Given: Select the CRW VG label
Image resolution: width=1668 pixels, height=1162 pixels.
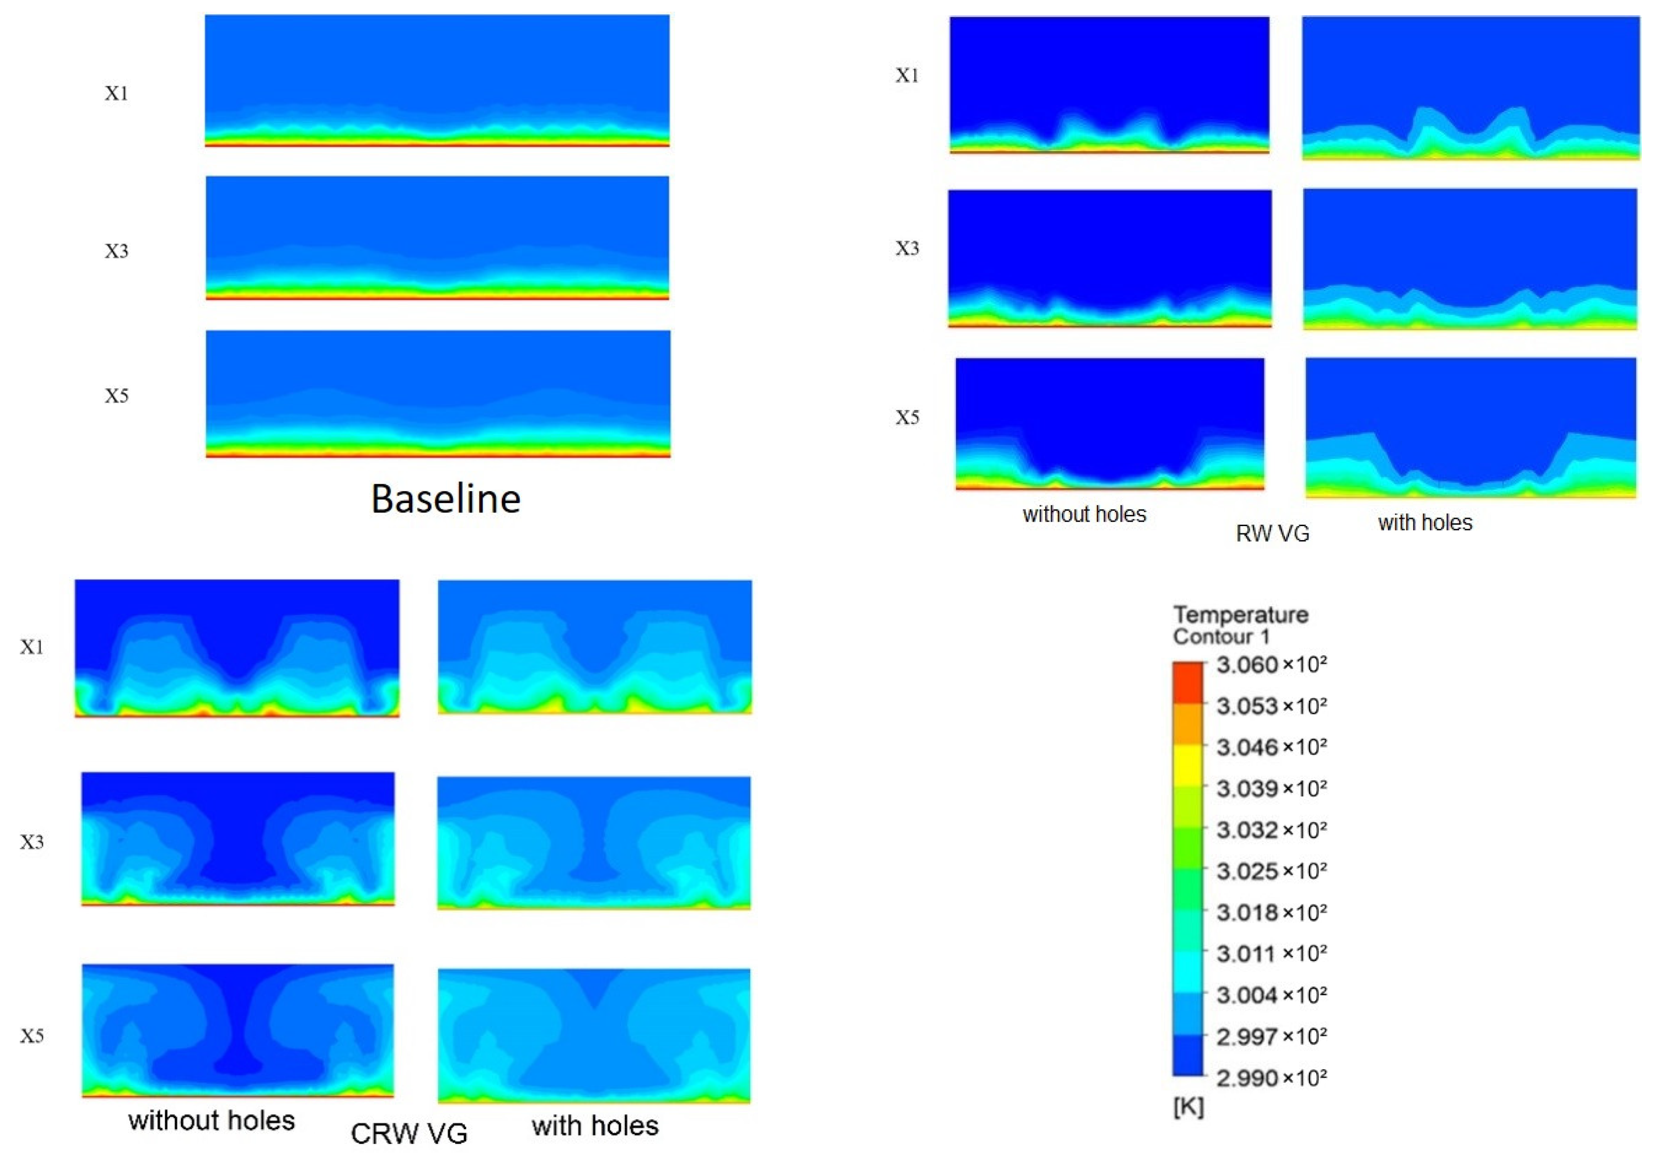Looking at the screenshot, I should (x=409, y=1133).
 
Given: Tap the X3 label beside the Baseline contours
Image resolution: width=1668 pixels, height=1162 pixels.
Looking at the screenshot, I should (x=116, y=251).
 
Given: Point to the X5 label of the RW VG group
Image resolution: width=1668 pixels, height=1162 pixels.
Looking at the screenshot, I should (x=906, y=418).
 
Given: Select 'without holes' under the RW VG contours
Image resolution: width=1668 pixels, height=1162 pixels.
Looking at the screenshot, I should (x=1084, y=514).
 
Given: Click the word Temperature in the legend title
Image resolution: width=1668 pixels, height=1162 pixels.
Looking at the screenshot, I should (x=1240, y=614).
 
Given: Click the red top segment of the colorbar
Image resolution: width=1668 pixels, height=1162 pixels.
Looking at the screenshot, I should (x=1188, y=681).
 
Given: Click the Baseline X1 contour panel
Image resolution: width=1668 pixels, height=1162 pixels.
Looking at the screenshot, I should (x=437, y=80).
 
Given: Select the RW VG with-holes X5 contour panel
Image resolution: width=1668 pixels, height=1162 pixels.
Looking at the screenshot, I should (x=1470, y=427).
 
